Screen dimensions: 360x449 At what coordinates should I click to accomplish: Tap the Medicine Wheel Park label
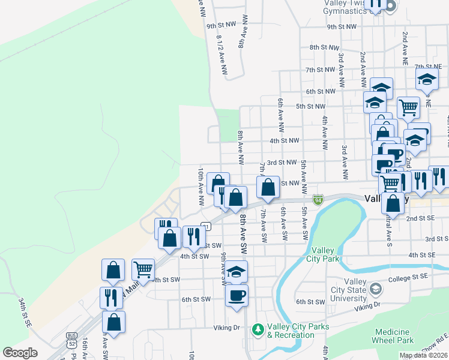394,336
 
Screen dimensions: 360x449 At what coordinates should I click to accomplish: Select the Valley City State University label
355,290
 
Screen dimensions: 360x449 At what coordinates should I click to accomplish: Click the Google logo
20,353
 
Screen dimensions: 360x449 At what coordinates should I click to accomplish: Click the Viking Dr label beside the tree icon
227,328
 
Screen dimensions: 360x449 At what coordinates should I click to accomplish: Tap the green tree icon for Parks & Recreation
258,329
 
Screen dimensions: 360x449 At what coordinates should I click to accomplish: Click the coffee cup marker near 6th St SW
237,295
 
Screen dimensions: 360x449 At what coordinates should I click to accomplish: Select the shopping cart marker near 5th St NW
408,108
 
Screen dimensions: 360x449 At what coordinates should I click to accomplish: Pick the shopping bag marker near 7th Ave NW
268,188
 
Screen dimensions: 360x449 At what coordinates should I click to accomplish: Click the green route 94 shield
319,199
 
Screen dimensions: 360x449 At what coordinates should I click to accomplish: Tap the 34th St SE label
25,312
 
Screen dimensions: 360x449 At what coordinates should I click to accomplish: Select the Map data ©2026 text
423,355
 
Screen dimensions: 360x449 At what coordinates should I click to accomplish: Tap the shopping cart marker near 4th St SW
143,270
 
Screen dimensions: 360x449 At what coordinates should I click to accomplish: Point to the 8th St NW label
324,47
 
